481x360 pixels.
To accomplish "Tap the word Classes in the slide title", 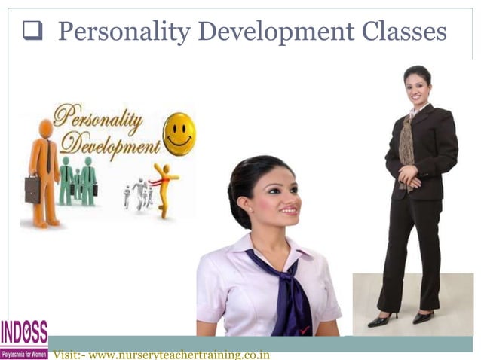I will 403,32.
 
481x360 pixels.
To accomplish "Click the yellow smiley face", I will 179,134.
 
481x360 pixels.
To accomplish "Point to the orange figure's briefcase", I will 32,189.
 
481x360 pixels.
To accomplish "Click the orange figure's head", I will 47,129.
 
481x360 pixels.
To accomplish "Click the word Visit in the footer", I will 67,355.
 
